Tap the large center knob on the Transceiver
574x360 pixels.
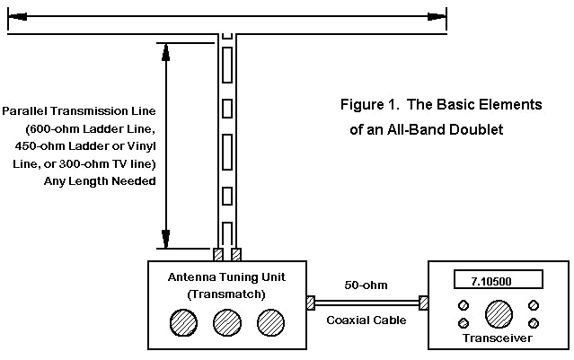point(499,313)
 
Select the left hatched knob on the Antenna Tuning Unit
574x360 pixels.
point(183,321)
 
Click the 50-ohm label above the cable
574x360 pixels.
point(366,285)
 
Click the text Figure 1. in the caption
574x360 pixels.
point(369,105)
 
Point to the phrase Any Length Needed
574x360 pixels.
point(100,181)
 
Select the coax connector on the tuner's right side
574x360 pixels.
point(311,303)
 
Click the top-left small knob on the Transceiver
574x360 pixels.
point(464,303)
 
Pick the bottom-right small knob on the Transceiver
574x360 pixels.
point(534,323)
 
